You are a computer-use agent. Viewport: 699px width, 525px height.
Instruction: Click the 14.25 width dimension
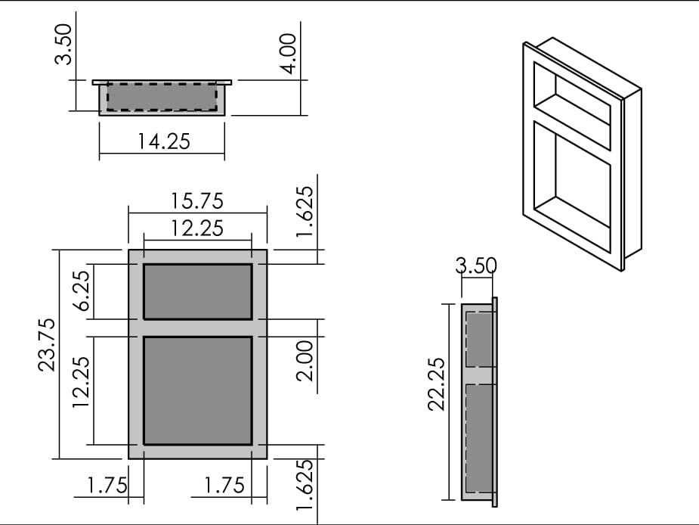(163, 141)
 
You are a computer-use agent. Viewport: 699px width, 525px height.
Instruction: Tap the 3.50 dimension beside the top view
(65, 44)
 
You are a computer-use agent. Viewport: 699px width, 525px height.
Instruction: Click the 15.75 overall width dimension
(197, 201)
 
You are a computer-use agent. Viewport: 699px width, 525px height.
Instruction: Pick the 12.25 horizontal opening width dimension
(197, 228)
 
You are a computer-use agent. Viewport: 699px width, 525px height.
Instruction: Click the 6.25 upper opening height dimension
(83, 292)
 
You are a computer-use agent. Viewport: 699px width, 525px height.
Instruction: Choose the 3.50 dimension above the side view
(476, 266)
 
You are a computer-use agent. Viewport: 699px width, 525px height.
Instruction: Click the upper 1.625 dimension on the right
(304, 211)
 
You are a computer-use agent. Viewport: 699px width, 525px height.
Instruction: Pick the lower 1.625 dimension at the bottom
(304, 486)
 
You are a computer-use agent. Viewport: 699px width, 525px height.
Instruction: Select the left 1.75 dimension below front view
(107, 486)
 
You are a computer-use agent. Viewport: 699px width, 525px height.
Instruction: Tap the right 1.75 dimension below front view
(224, 486)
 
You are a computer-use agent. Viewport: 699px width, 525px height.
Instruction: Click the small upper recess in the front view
(197, 292)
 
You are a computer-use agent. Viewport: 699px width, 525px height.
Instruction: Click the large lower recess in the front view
(197, 390)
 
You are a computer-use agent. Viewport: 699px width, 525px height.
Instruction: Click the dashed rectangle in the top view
(162, 97)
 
